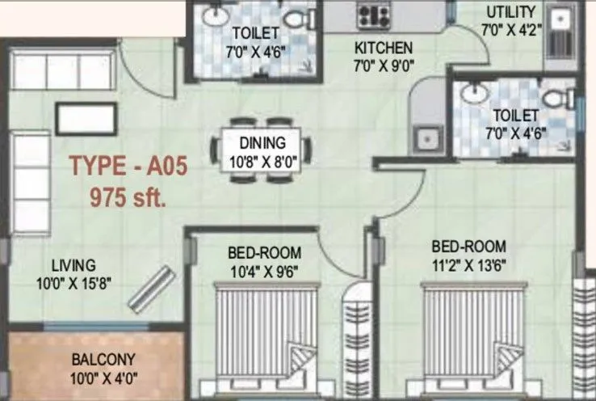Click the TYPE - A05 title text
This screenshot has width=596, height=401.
pyautogui.click(x=128, y=167)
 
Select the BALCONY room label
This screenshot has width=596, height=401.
pyautogui.click(x=103, y=359)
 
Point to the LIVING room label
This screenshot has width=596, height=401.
pyautogui.click(x=73, y=264)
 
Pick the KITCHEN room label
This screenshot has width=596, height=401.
pyautogui.click(x=384, y=48)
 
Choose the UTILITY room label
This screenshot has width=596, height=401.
pyautogui.click(x=510, y=11)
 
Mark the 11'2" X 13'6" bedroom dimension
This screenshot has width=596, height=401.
pyautogui.click(x=468, y=263)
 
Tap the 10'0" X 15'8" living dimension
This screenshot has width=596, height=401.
pyautogui.click(x=73, y=282)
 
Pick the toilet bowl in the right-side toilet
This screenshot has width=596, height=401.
pyautogui.click(x=556, y=98)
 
